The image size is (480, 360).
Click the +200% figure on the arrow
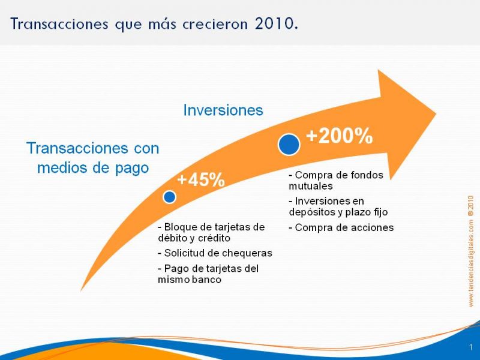coord(339,136)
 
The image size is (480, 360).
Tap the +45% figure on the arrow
coord(201,179)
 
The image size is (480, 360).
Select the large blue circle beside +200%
coord(289,145)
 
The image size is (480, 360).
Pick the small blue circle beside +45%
coord(169,197)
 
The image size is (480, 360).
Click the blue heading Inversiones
coord(223,110)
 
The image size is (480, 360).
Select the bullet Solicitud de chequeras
coord(215,253)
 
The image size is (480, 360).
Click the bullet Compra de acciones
coord(341,227)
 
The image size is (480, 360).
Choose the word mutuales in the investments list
coord(311,186)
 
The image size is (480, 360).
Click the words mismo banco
coord(190,280)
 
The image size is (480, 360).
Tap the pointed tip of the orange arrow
coord(436,114)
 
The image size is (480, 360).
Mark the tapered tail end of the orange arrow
coord(81,290)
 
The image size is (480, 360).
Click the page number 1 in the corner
coord(471,347)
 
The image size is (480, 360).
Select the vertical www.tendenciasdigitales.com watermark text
coord(471,251)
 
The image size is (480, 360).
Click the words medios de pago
coord(93,168)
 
